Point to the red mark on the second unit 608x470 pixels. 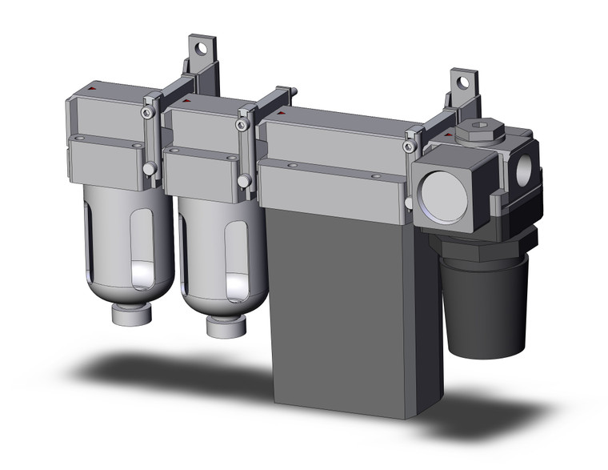point(186,102)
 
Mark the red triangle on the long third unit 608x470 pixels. point(279,114)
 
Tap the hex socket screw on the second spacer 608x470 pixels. point(242,125)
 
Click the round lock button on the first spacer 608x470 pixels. point(150,169)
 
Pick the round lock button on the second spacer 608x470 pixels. point(244,181)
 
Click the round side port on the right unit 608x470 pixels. point(525,167)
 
